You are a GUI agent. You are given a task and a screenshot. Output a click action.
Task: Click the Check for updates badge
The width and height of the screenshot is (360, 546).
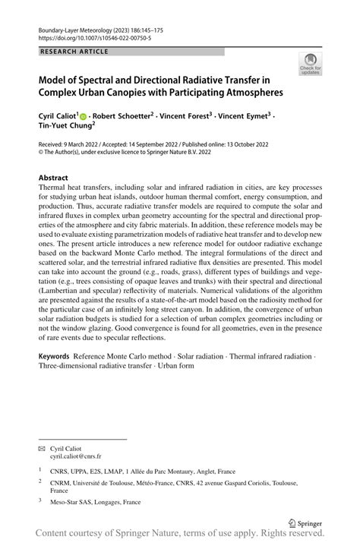click(311, 65)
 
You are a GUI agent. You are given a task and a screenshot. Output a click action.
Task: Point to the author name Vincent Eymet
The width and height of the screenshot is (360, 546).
click(246, 115)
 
